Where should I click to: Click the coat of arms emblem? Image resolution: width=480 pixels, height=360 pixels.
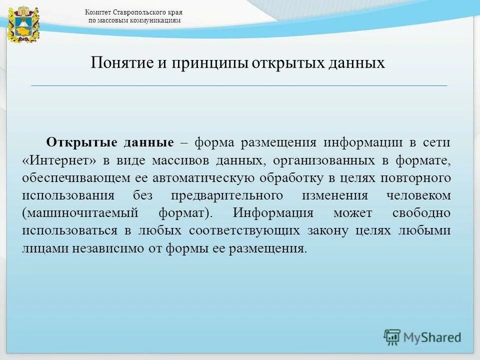[x=18, y=23]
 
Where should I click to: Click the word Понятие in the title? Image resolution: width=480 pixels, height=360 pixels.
[x=121, y=63]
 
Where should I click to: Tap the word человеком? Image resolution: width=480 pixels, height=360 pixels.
[x=418, y=195]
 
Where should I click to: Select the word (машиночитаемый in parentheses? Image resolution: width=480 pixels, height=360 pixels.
[x=80, y=213]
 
